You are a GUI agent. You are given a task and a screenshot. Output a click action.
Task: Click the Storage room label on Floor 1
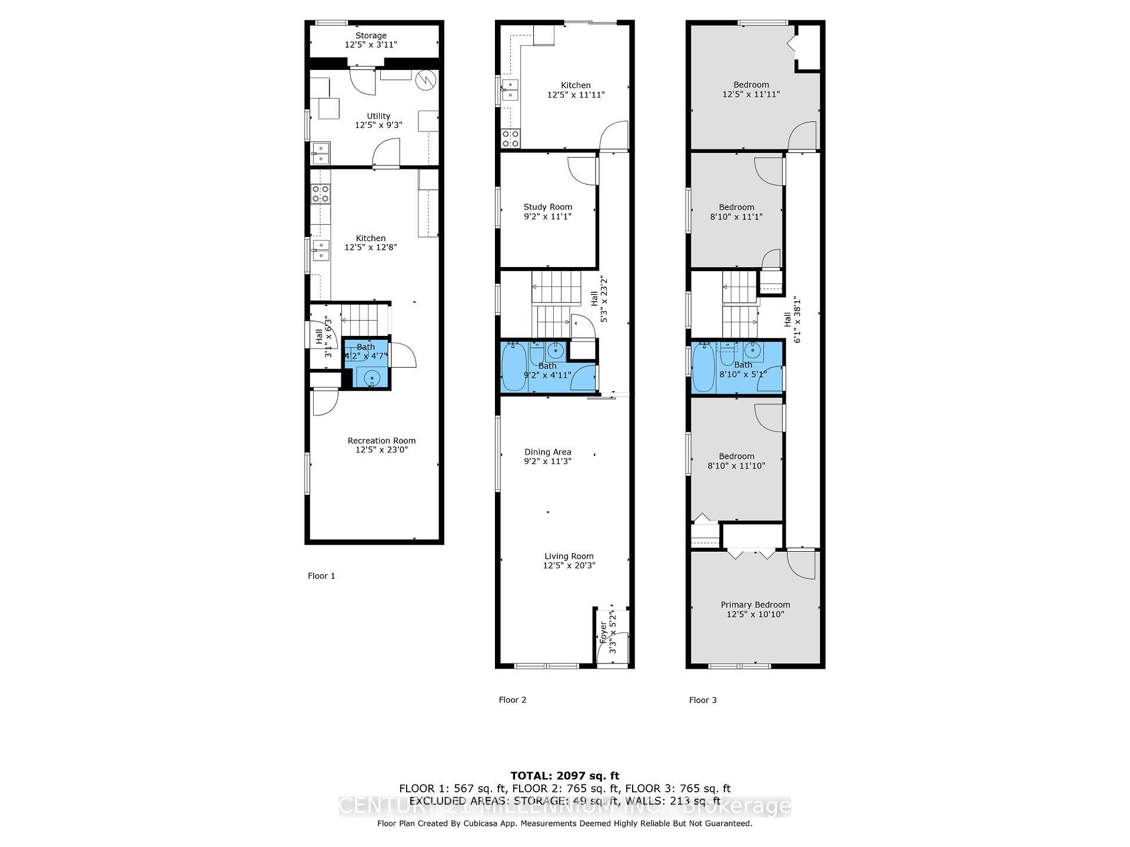coord(371,36)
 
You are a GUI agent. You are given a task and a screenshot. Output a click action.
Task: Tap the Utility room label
coord(378,116)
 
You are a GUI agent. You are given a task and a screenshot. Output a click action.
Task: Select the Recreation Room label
coord(381,441)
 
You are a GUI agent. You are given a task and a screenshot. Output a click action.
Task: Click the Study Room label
coord(548,207)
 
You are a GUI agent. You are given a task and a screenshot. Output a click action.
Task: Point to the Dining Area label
coord(548,452)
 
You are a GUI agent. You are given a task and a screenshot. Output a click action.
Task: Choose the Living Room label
coord(569,556)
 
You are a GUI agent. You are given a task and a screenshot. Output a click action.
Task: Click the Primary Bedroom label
coord(755,605)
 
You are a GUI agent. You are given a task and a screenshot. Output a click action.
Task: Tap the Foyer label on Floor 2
coord(603,632)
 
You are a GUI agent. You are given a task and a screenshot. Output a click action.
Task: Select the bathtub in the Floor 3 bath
coord(703,368)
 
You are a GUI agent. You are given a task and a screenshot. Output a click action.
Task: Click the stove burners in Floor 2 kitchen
coord(510,138)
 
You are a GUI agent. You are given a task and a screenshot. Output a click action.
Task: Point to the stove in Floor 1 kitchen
coord(321,194)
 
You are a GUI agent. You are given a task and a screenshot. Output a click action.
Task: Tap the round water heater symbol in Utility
coord(425,81)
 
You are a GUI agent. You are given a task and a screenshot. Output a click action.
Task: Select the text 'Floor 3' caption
coord(703,700)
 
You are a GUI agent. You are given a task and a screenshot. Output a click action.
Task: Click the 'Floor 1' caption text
coord(321,576)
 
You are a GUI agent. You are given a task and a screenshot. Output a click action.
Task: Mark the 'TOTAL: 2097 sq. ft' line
coord(564,776)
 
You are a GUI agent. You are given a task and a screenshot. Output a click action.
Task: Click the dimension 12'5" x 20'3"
coord(569,566)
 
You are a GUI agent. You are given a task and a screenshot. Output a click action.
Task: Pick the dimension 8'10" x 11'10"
coord(736,466)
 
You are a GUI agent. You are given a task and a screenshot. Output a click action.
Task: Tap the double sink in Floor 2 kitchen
coord(510,89)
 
